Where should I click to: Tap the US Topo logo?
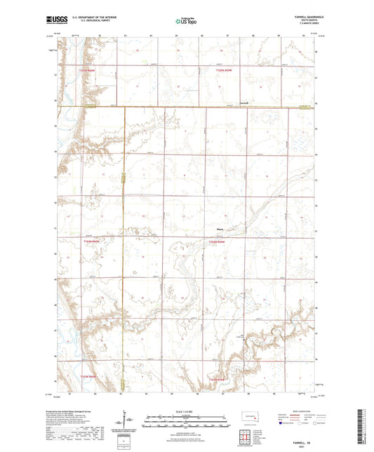(184, 22)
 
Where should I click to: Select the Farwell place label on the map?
(243, 104)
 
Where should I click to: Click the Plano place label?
(220, 227)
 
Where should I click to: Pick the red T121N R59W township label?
(222, 71)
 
